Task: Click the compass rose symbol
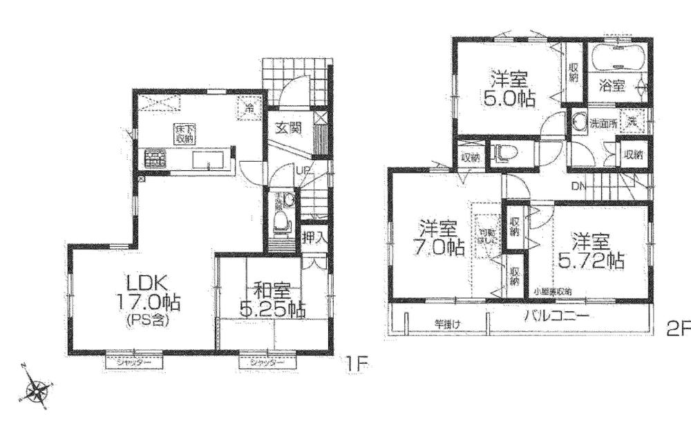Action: (35, 391)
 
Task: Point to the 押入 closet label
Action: (314, 237)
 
